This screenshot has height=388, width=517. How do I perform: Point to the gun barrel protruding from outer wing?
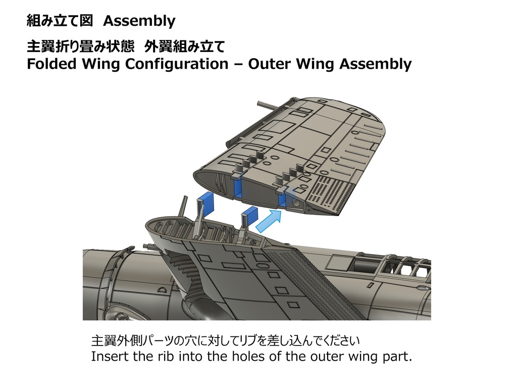pyautogui.click(x=268, y=105)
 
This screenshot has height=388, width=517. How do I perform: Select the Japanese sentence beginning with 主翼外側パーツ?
pyautogui.click(x=225, y=339)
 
